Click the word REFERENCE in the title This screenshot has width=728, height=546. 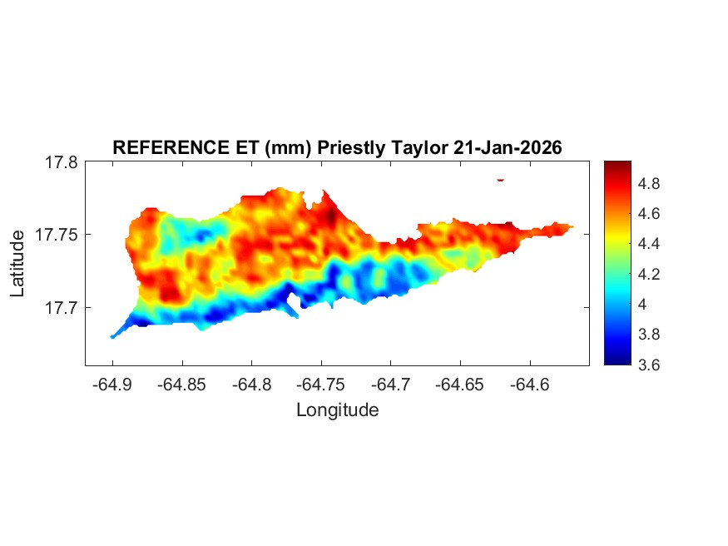pyautogui.click(x=158, y=147)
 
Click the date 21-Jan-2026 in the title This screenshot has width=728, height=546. pyautogui.click(x=508, y=147)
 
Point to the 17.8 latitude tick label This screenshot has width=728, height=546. pyautogui.click(x=61, y=163)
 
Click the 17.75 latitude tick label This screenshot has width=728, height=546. pyautogui.click(x=57, y=236)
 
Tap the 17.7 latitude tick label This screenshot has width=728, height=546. pyautogui.click(x=61, y=308)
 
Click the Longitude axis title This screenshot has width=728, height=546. pyautogui.click(x=337, y=410)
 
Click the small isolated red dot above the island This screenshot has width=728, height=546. pyautogui.click(x=501, y=179)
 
